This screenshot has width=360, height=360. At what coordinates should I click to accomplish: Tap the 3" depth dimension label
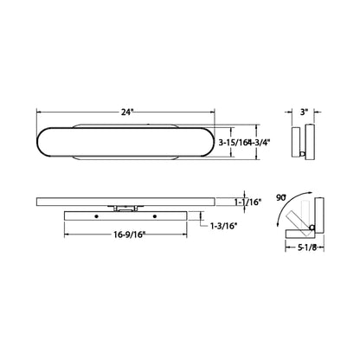tap(304, 112)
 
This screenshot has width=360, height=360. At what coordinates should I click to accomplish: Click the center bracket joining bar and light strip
tap(125, 209)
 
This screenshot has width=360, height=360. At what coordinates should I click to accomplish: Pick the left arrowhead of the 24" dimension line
tap(37, 112)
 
